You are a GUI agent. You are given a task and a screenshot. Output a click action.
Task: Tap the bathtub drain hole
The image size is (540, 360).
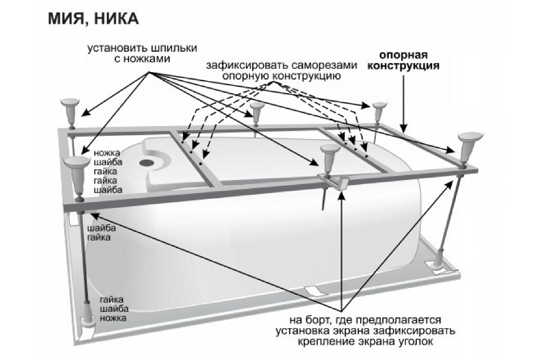pyautogui.click(x=148, y=161)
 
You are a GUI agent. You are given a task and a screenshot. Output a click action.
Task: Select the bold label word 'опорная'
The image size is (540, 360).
pyautogui.click(x=403, y=56)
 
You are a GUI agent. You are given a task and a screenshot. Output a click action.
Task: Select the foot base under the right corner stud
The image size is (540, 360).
pyautogui.click(x=438, y=263)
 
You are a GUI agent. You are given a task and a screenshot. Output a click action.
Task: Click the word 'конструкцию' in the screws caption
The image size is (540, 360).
pyautogui.click(x=309, y=76)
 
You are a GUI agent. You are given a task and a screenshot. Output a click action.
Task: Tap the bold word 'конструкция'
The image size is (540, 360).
pyautogui.click(x=404, y=66)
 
